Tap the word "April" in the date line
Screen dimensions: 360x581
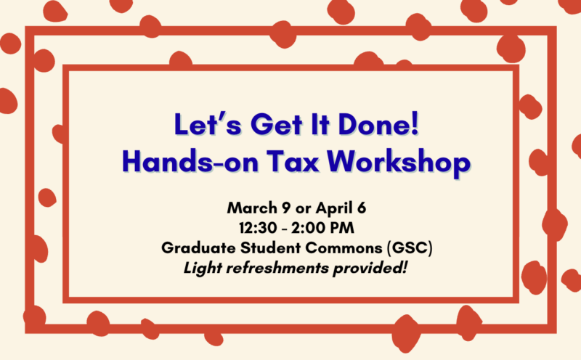click(331, 208)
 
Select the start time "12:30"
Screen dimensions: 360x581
click(248, 228)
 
